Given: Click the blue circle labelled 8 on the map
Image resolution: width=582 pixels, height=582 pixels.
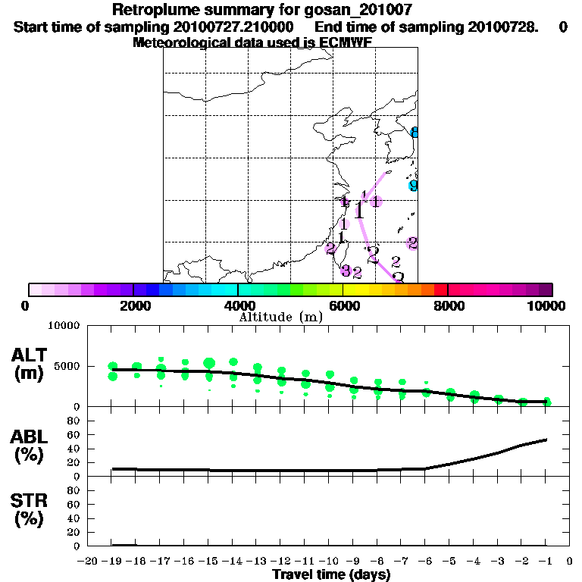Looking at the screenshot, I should pyautogui.click(x=414, y=132).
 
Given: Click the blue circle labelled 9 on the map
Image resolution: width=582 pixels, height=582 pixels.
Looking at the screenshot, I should pyautogui.click(x=413, y=185).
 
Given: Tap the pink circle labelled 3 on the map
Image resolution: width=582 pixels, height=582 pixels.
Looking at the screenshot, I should pyautogui.click(x=345, y=271).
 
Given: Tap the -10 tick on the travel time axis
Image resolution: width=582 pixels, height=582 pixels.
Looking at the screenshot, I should pyautogui.click(x=330, y=561).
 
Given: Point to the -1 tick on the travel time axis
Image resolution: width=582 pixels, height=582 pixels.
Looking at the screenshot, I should pyautogui.click(x=546, y=561).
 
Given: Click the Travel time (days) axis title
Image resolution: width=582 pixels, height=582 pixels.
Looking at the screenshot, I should pyautogui.click(x=331, y=574).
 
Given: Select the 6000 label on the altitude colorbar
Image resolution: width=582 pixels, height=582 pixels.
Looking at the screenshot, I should pyautogui.click(x=343, y=305).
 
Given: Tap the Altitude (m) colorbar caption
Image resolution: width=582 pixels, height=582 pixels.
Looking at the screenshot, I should pyautogui.click(x=280, y=316).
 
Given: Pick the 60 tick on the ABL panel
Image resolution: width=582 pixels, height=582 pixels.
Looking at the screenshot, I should pyautogui.click(x=76, y=434).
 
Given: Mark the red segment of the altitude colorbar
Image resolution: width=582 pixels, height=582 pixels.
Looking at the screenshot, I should pyautogui.click(x=440, y=289).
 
